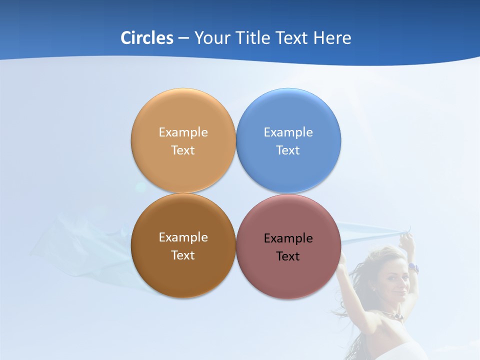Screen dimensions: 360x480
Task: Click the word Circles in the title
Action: pos(147,38)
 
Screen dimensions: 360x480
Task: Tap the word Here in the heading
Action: pos(332,38)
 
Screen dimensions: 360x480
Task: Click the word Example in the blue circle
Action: pos(288,132)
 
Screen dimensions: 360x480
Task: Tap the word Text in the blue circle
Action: pos(288,150)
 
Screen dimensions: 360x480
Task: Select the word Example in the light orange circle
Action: pos(183,132)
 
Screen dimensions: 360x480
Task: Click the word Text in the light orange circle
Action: pos(183,150)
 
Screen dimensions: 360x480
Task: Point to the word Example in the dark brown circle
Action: pos(183,237)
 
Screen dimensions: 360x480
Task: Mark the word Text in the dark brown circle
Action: pos(183,255)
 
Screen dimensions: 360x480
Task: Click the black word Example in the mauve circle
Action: pos(288,238)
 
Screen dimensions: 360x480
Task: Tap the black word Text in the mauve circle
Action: pos(288,256)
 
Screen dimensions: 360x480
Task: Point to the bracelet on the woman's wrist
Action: pos(413,268)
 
